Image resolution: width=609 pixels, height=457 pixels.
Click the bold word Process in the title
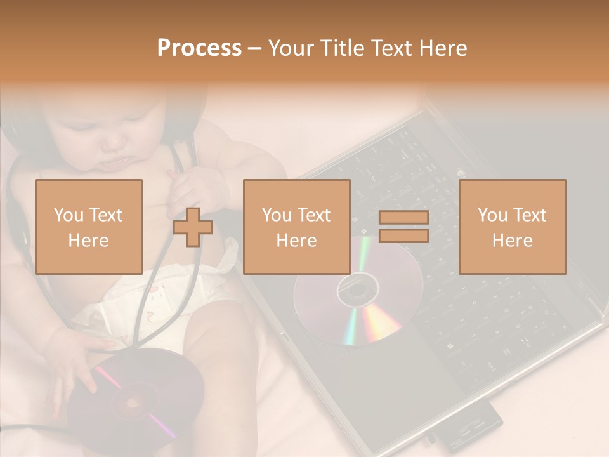tap(199, 48)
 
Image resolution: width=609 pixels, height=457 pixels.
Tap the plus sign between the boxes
tap(193, 227)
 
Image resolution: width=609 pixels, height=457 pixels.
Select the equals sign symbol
tap(403, 227)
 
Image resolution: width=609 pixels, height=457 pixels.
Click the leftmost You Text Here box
tap(89, 227)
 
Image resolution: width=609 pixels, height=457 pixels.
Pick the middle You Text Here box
tap(297, 227)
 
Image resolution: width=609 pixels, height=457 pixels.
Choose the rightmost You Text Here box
tap(513, 227)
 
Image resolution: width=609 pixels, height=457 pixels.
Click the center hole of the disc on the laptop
tap(357, 290)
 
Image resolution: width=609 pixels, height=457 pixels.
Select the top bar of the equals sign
tap(403, 217)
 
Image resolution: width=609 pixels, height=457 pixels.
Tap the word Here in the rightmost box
tap(513, 240)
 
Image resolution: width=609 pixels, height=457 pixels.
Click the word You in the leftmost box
tap(67, 215)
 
